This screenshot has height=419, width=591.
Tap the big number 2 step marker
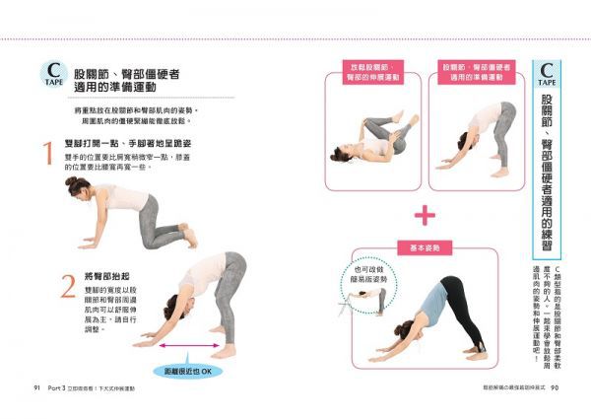click(66, 286)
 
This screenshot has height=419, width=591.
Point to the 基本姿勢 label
click(423, 247)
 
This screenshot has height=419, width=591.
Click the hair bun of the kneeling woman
click(71, 182)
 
